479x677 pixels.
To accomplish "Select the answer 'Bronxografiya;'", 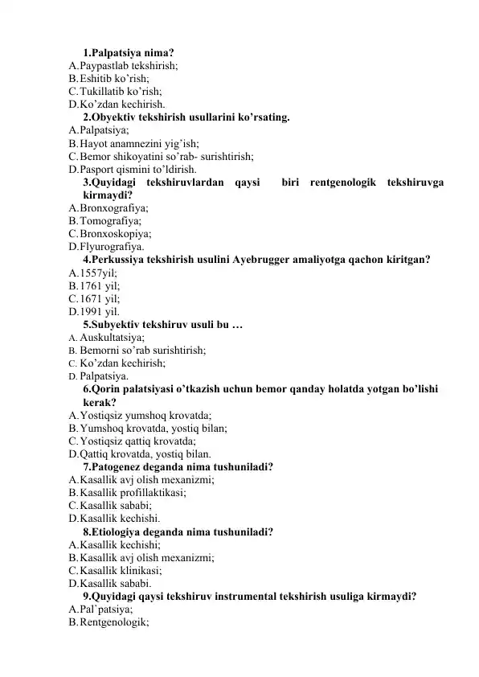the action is pyautogui.click(x=114, y=207).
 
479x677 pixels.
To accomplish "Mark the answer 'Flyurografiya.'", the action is pyautogui.click(x=113, y=246).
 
